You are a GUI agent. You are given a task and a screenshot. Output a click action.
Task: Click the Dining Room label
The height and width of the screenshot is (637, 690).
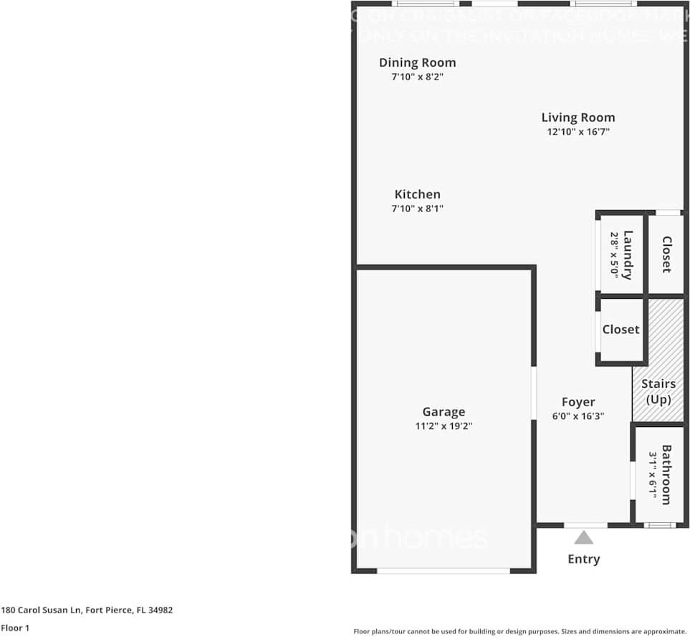(x=417, y=62)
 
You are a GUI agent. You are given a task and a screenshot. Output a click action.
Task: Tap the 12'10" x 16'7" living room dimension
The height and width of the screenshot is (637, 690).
(x=578, y=132)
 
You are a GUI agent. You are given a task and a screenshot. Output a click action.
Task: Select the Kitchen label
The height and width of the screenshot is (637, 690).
(x=417, y=194)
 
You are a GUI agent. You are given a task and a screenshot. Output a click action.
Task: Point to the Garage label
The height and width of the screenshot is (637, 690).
(x=444, y=411)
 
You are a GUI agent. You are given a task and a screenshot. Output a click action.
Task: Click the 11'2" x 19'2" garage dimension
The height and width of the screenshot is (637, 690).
(x=444, y=426)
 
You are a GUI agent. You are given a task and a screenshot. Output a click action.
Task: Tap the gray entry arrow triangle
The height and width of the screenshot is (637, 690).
(x=584, y=537)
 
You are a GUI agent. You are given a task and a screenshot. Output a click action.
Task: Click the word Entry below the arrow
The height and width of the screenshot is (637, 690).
(x=584, y=559)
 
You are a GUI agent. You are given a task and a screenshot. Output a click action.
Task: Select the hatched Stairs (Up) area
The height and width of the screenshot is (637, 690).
(x=657, y=358)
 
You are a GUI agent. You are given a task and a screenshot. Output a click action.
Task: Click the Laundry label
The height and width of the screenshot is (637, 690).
(x=628, y=254)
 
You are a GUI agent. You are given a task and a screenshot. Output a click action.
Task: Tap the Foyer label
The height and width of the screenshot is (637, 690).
(x=578, y=402)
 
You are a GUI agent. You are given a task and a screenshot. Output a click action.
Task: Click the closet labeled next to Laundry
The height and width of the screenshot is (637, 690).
(x=666, y=254)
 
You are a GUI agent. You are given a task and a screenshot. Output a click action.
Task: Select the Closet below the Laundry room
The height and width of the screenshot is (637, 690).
(x=620, y=330)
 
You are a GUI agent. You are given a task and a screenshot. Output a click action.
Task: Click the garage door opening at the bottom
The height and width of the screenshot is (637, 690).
(x=444, y=570)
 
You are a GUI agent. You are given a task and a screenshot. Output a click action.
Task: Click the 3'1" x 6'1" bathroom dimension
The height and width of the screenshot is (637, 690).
(x=653, y=474)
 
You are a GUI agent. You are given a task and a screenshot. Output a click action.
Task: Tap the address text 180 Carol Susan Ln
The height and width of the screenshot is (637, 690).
(x=87, y=610)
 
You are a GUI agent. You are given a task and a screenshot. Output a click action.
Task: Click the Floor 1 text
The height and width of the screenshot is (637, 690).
(x=16, y=628)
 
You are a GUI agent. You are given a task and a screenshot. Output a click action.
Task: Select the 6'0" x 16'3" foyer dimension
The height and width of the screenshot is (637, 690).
(x=578, y=416)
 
